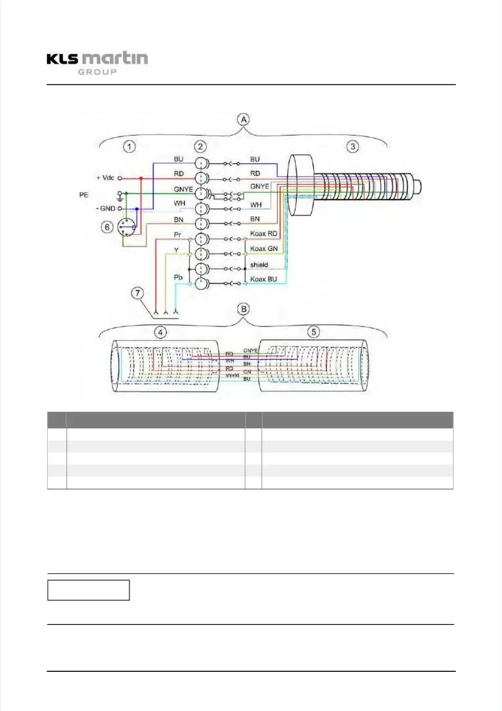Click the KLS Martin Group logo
[97, 63]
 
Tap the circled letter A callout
[244, 120]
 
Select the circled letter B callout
[244, 309]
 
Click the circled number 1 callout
[130, 146]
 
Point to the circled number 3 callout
[352, 146]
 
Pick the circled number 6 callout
[107, 227]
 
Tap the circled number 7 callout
[137, 293]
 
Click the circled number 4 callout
[160, 332]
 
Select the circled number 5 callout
[314, 332]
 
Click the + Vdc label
[105, 178]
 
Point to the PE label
[84, 195]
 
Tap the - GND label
[106, 208]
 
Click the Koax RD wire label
[264, 234]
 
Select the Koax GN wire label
[264, 249]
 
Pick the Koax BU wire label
[263, 279]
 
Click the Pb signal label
[178, 277]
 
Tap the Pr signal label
[177, 235]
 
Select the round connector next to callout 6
[127, 227]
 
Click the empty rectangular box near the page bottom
[88, 590]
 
